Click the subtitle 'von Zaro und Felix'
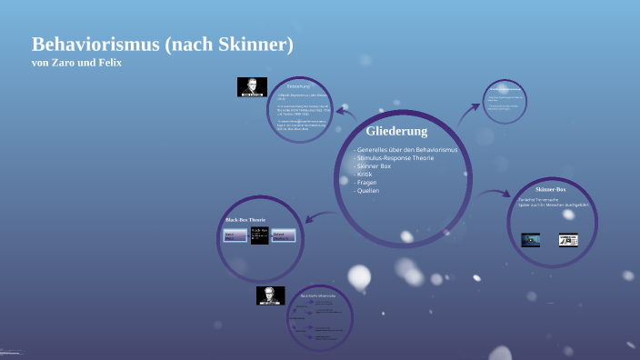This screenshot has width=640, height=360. coord(76,62)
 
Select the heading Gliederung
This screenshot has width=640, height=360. coord(396,131)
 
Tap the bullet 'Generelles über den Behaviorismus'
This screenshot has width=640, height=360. coord(405,149)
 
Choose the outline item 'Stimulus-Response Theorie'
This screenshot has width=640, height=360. coord(394,158)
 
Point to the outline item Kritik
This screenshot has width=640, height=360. coord(365,175)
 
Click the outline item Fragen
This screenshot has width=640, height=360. coord(366,183)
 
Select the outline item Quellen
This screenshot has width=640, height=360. coord(367,191)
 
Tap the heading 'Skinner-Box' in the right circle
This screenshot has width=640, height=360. coord(550,189)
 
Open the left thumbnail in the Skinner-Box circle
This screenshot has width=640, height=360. coord(531,240)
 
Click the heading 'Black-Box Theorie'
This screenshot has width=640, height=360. coord(245,221)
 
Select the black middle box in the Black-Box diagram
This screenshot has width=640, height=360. coord(259,235)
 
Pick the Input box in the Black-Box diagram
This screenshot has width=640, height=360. coord(235,236)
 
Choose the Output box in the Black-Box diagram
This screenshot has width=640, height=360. coord(284,236)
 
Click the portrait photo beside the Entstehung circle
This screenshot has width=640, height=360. coord(252,87)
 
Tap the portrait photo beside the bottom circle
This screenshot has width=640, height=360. coord(270,295)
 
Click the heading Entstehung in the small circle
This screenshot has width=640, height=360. coord(299,85)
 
